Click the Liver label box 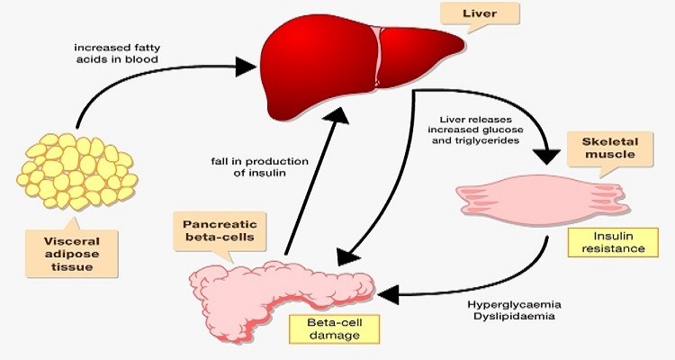480,13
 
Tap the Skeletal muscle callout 609,149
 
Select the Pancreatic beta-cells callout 220,231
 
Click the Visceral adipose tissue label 71,254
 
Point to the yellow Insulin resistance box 613,242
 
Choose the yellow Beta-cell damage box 335,329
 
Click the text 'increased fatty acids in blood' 117,53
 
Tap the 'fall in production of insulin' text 259,167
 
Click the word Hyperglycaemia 515,305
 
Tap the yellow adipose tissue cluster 76,171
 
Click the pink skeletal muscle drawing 543,200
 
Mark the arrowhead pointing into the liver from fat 247,67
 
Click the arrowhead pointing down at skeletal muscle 546,157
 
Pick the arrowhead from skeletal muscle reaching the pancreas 387,294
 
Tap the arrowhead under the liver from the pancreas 337,115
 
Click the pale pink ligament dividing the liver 377,56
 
